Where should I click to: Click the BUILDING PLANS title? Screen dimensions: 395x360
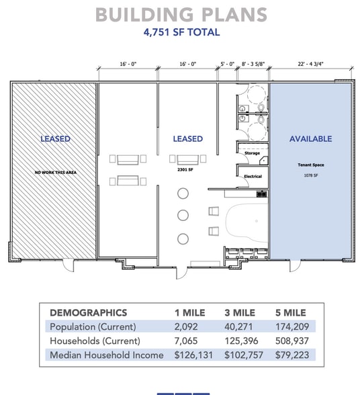[180, 15]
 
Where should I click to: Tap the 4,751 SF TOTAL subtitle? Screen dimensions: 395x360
[180, 32]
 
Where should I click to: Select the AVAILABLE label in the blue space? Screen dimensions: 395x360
[310, 139]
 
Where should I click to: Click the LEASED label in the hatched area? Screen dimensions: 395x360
[55, 139]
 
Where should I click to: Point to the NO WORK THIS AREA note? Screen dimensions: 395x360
[55, 173]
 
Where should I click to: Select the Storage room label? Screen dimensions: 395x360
[252, 153]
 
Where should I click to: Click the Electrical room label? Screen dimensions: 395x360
[253, 176]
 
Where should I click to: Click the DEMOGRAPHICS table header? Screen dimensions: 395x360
[88, 313]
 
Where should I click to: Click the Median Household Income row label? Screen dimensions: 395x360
[106, 355]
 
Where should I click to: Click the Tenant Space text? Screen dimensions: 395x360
[310, 165]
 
